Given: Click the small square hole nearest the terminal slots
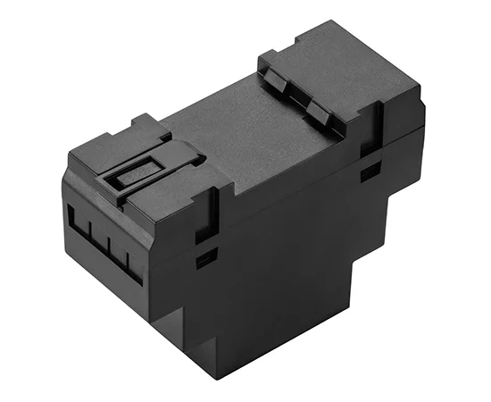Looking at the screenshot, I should pyautogui.click(x=206, y=260).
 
